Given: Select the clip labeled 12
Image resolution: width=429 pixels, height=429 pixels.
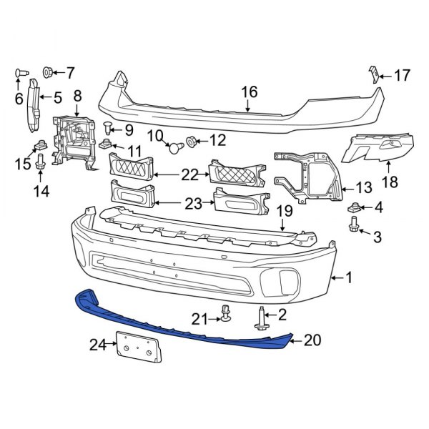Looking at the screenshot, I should click(193, 142).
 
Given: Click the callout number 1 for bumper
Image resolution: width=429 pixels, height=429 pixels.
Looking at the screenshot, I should click(349, 277).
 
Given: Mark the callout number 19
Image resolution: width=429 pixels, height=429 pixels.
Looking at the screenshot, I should click(284, 211).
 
